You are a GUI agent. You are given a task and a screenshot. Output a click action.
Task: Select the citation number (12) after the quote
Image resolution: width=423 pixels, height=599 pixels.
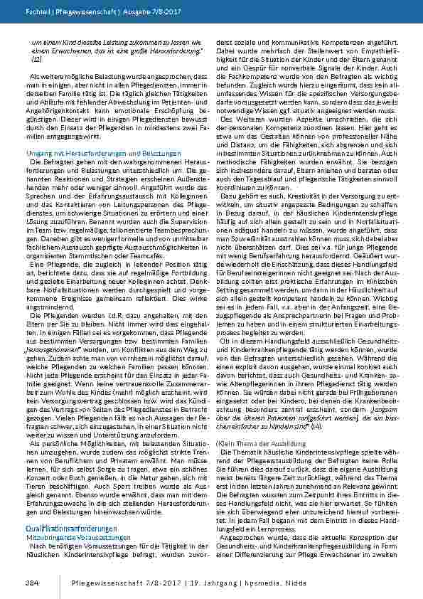click(36, 61)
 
